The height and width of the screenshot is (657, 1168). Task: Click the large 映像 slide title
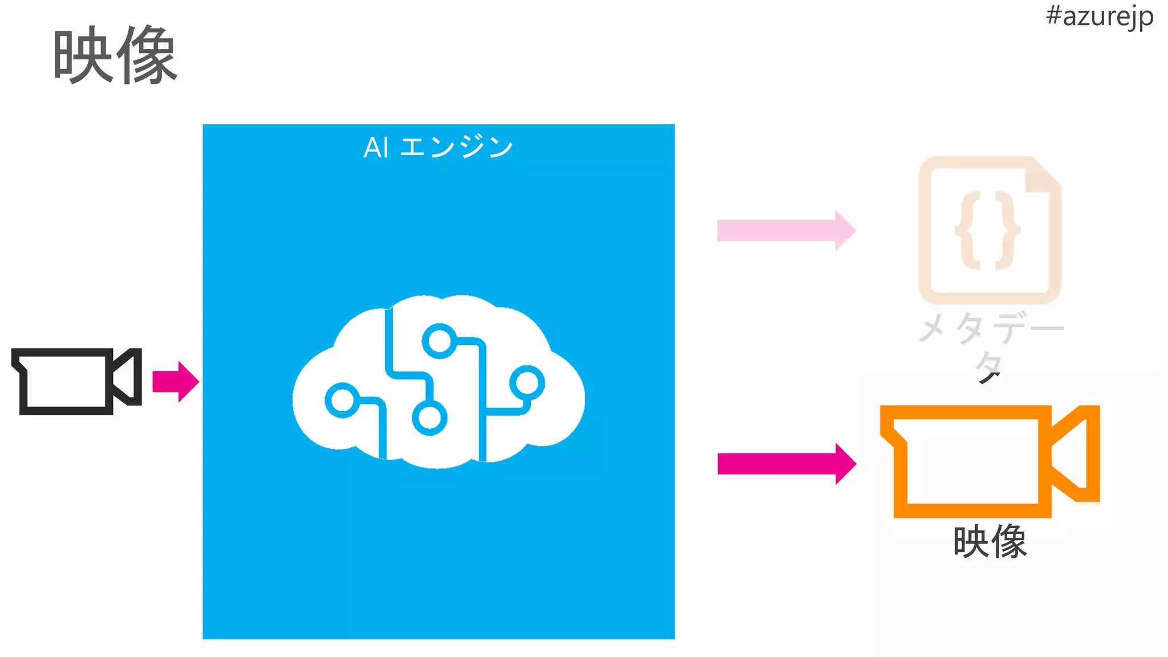pos(115,56)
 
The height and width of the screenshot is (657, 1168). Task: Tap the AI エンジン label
pos(439,147)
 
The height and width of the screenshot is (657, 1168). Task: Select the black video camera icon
pos(76,381)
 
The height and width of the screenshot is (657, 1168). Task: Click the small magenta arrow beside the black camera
pos(176,382)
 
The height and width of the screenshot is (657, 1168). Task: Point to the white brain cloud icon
pos(438,381)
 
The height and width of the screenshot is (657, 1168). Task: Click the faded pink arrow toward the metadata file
pos(786,230)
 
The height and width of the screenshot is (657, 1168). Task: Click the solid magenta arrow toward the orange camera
pos(786,464)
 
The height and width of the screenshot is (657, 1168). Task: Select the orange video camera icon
pos(989,461)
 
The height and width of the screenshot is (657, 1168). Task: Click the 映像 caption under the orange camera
pos(989,542)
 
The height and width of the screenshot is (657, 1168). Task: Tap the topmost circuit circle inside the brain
pos(439,341)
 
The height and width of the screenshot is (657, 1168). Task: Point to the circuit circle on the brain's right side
pos(527,383)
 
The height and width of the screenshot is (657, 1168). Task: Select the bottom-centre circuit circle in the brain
pos(429,418)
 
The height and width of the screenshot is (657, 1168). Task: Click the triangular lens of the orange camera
pos(1075,453)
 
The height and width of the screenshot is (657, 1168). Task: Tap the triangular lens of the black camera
pos(127,377)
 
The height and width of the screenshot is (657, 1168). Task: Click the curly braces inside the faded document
pos(988,230)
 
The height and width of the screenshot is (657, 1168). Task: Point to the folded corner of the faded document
pos(1044,177)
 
